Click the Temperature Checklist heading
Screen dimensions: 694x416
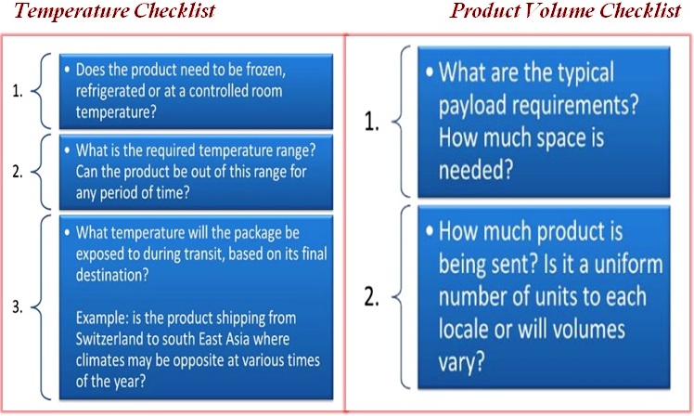click(x=114, y=10)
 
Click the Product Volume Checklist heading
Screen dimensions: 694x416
click(x=565, y=10)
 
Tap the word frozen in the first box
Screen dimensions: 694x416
click(x=265, y=70)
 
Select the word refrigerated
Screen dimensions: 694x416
click(x=110, y=91)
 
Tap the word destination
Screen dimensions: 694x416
click(x=112, y=275)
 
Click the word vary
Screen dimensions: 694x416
click(x=461, y=362)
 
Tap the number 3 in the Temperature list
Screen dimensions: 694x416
click(x=18, y=306)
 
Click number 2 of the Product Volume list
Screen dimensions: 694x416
click(x=371, y=297)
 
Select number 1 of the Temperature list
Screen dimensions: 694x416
click(x=18, y=91)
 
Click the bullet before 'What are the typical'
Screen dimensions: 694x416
click(x=430, y=71)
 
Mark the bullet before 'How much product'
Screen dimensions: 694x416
click(x=430, y=231)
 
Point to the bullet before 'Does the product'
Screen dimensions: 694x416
click(x=67, y=69)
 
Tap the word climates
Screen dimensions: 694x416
click(x=100, y=360)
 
